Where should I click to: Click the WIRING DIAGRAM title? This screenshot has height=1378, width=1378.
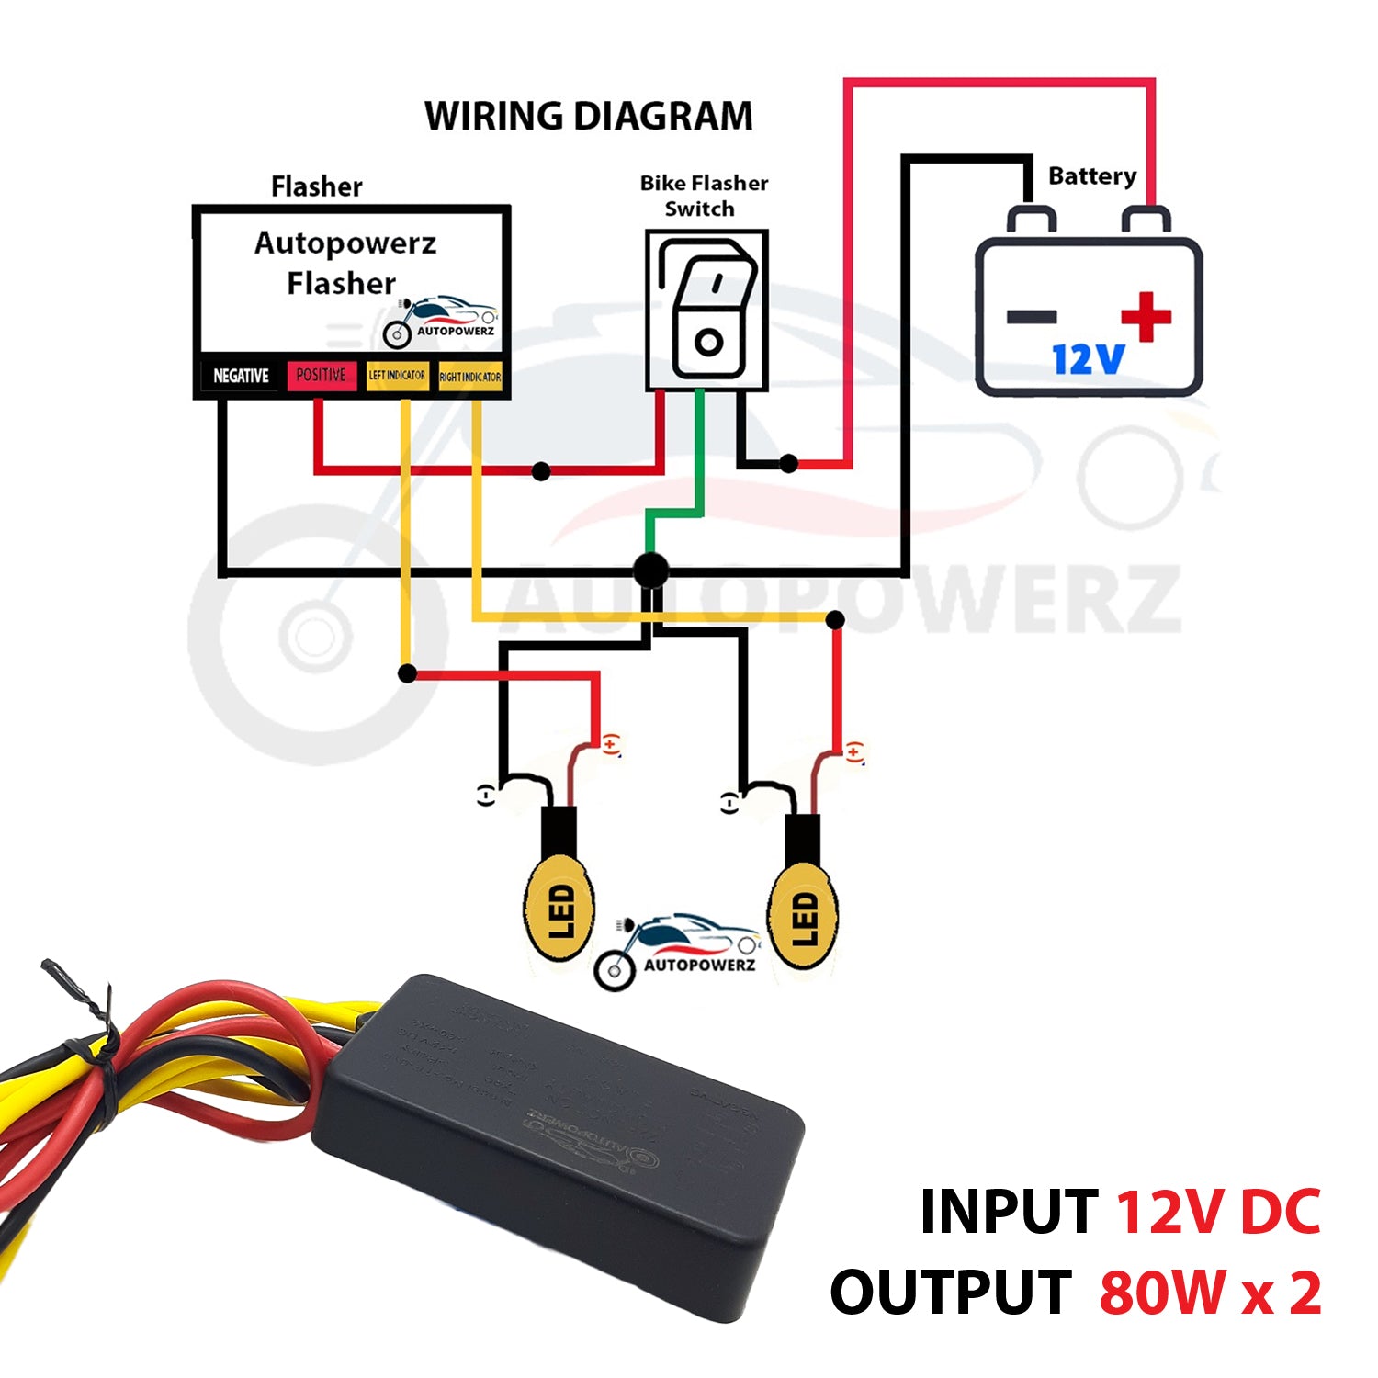pyautogui.click(x=588, y=117)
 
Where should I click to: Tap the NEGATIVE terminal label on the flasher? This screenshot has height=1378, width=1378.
pyautogui.click(x=241, y=376)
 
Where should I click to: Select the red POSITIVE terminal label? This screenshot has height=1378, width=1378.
pyautogui.click(x=321, y=375)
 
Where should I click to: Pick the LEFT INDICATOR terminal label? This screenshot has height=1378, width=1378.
pyautogui.click(x=397, y=375)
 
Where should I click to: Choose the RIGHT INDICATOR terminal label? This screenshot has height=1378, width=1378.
pyautogui.click(x=469, y=377)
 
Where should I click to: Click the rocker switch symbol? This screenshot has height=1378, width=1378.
pyautogui.click(x=707, y=310)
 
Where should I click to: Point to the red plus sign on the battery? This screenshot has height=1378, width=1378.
pyautogui.click(x=1146, y=317)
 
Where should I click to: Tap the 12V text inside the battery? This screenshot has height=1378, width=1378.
pyautogui.click(x=1088, y=359)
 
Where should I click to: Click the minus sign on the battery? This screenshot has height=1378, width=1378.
pyautogui.click(x=1031, y=318)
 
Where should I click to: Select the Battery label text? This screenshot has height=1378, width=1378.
pyautogui.click(x=1092, y=175)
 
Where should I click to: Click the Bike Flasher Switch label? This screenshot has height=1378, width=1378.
pyautogui.click(x=704, y=196)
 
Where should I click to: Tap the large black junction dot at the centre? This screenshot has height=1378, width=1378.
pyautogui.click(x=651, y=570)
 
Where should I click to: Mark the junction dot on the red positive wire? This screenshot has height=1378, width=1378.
pyautogui.click(x=541, y=471)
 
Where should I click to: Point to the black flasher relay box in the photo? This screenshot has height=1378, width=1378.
pyautogui.click(x=560, y=1139)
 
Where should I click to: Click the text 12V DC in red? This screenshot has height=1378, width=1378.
pyautogui.click(x=1218, y=1212)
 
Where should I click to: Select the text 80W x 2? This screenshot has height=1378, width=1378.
pyautogui.click(x=1210, y=1293)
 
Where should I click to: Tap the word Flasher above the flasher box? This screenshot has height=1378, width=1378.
pyautogui.click(x=317, y=186)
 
